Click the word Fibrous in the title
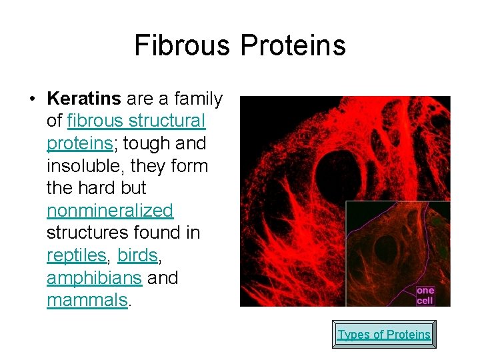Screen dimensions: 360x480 coord(181,46)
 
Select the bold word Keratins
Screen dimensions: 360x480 coord(84,99)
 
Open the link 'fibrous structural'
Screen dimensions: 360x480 coord(136,121)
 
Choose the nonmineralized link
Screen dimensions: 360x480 coord(110,211)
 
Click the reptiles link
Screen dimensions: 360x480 coord(77,255)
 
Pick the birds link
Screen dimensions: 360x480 coord(137,255)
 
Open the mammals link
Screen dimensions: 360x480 coord(87,300)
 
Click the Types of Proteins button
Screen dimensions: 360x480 coord(384,335)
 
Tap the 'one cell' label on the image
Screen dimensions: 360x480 coord(425,295)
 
